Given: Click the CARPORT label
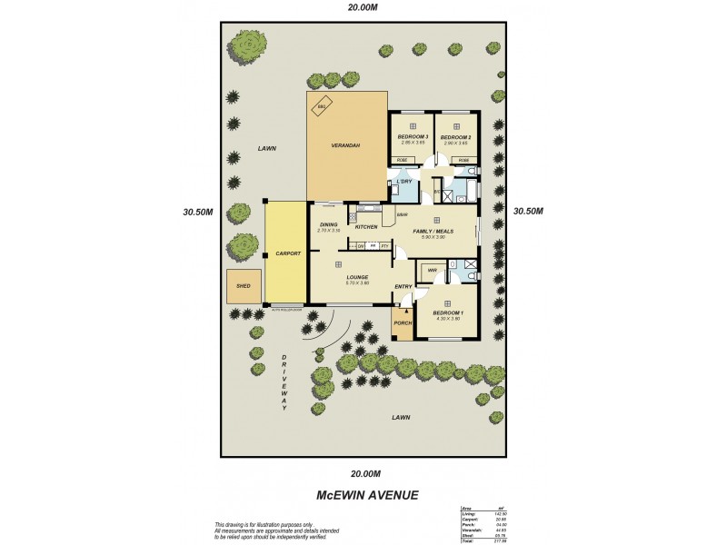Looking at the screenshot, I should tap(287, 254).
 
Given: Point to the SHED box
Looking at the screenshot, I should tap(244, 285).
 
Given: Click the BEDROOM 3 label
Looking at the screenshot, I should tap(412, 137).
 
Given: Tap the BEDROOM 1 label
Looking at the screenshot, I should tap(446, 312).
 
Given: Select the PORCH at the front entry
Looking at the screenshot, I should tap(402, 322).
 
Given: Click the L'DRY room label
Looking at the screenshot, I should tap(404, 182).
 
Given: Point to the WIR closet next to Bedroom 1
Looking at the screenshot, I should tap(433, 270).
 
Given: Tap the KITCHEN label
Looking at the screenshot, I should tap(365, 226).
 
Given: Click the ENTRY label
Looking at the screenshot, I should tap(403, 287).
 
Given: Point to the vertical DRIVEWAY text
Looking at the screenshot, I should tap(284, 382).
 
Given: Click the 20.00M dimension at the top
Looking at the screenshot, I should tap(363, 8).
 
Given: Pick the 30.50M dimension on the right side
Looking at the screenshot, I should tap(528, 211).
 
